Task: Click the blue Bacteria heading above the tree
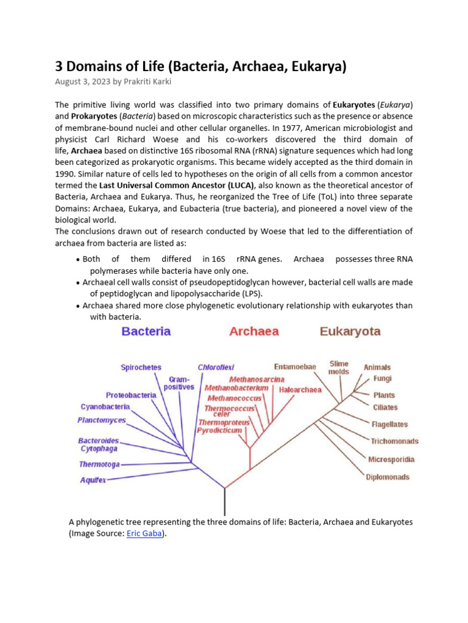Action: (146, 332)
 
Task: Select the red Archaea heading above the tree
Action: (254, 332)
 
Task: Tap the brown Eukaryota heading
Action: (350, 332)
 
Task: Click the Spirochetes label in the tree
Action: (141, 367)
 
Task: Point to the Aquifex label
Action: (93, 480)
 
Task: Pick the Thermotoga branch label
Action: (99, 464)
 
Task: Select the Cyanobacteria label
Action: (105, 406)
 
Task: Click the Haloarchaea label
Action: (300, 390)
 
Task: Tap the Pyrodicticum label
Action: (219, 430)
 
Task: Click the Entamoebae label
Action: (295, 367)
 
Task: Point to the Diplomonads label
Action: (388, 477)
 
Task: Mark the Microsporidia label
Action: (391, 459)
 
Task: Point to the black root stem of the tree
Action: (225, 502)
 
